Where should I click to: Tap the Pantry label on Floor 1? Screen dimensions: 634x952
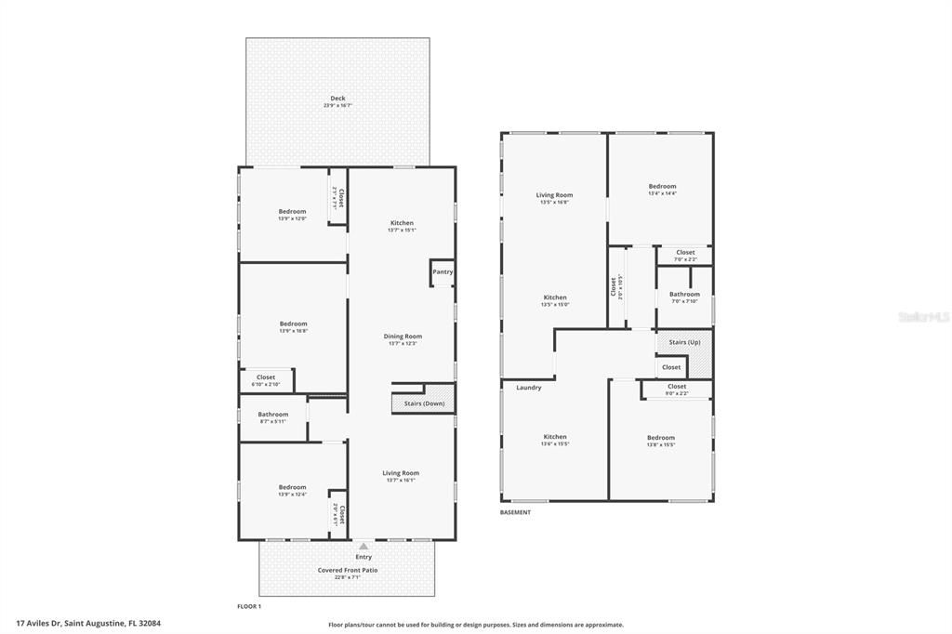point(443,271)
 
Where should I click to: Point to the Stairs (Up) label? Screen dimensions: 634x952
point(684,342)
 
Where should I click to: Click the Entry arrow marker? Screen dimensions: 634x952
point(350,548)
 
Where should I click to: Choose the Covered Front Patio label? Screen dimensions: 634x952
point(348,570)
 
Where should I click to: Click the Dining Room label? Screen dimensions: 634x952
point(403,337)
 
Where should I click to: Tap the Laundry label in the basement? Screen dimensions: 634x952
point(529,388)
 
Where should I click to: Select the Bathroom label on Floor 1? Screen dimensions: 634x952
point(273,415)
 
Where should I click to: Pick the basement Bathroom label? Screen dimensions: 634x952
point(684,294)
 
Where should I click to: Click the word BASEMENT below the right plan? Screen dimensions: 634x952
point(516,512)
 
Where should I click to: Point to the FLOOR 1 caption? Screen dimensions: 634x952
point(249,605)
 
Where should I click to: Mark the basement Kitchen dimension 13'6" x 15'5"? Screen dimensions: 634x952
point(555,444)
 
